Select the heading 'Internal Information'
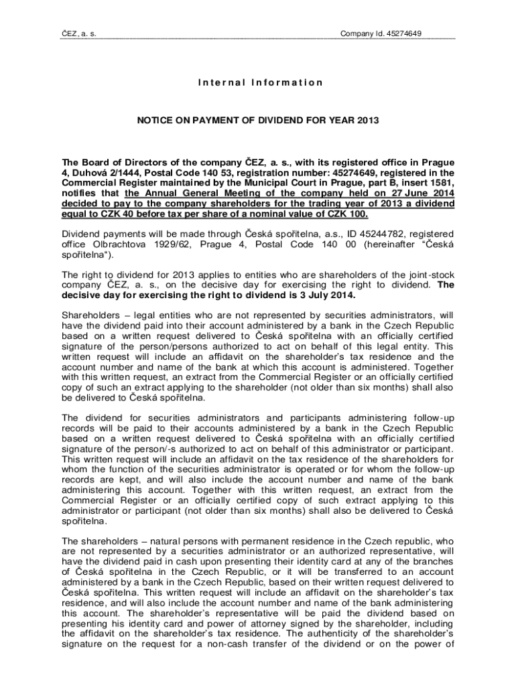point(260,83)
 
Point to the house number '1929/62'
point(168,245)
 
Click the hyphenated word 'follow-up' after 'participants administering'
point(433,415)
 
